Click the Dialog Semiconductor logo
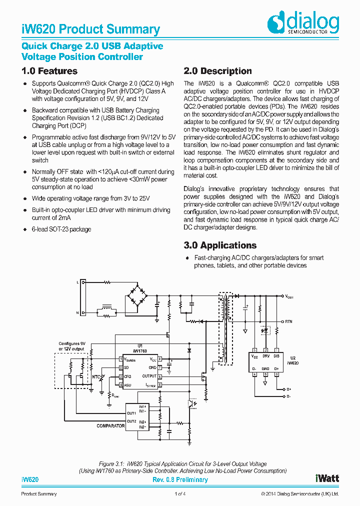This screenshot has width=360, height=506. pyautogui.click(x=303, y=23)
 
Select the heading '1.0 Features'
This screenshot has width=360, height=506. pyautogui.click(x=49, y=71)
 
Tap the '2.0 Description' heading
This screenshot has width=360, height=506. pyautogui.click(x=217, y=71)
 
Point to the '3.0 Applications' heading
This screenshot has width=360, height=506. pyautogui.click(x=220, y=245)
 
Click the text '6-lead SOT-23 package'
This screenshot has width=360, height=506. pyautogui.click(x=61, y=229)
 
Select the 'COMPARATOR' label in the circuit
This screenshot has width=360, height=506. pyautogui.click(x=110, y=426)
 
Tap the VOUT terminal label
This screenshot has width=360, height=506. pyautogui.click(x=289, y=297)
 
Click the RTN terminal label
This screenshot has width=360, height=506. pyautogui.click(x=288, y=321)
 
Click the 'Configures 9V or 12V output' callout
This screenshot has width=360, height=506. pyautogui.click(x=73, y=346)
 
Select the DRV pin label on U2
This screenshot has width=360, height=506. pyautogui.click(x=266, y=356)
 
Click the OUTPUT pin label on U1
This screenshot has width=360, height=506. pyautogui.click(x=149, y=376)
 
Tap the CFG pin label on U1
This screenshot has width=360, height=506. pyautogui.click(x=127, y=376)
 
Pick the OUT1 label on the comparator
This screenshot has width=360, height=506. pyautogui.click(x=131, y=413)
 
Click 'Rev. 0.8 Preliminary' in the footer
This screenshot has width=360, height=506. pyautogui.click(x=180, y=480)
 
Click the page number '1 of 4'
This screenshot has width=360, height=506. pyautogui.click(x=180, y=494)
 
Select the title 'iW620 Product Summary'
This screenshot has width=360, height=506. pyautogui.click(x=90, y=29)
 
